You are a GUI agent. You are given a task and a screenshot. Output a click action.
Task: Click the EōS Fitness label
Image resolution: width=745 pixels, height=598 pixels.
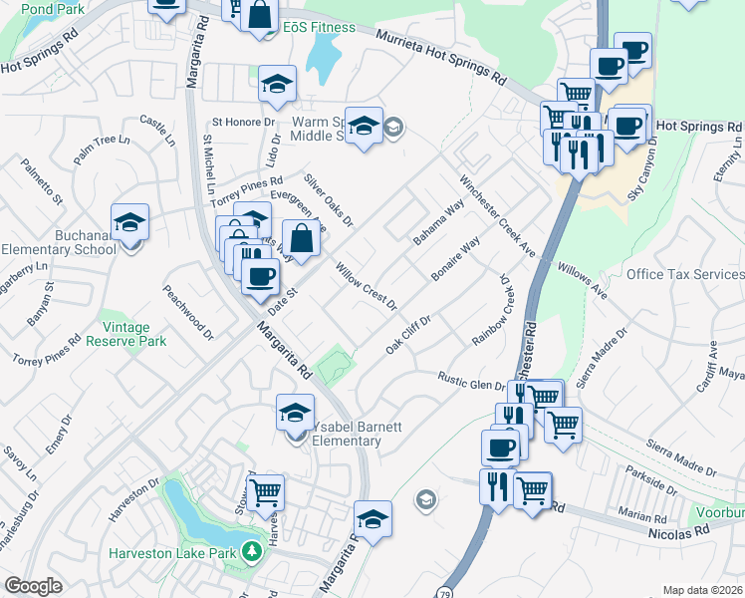(x=318, y=27)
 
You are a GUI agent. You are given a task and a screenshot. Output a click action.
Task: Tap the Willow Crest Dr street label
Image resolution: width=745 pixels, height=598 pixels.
(x=366, y=285)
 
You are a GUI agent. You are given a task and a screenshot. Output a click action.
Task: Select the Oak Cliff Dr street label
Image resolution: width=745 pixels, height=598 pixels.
(x=408, y=336)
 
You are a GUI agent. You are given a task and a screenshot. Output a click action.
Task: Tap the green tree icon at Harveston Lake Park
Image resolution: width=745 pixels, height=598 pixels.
(x=253, y=551)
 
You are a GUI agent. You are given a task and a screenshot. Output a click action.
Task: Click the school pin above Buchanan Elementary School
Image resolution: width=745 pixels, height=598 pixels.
(x=129, y=224)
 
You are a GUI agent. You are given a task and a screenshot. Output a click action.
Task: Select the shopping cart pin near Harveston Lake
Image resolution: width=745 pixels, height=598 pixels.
(x=265, y=491)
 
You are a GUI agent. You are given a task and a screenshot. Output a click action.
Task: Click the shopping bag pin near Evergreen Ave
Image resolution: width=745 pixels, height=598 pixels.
(x=301, y=239)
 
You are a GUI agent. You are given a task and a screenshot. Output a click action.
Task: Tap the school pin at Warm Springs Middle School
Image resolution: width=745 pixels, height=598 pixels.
(x=365, y=126)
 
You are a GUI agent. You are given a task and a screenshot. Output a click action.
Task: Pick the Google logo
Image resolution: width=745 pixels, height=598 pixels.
(x=33, y=586)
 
